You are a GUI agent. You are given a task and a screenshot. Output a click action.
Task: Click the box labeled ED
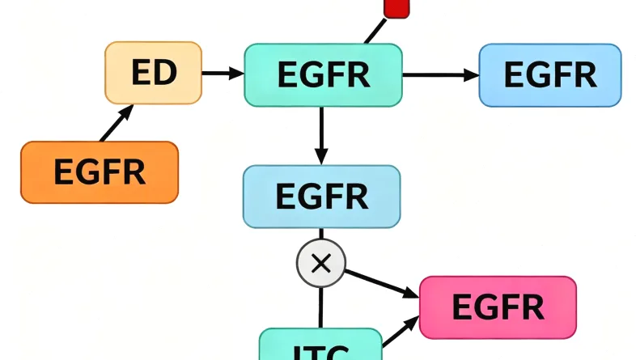tap(154, 73)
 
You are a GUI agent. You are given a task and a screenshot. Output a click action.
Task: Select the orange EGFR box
tap(99, 172)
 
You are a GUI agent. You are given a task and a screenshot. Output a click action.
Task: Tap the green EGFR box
tap(323, 74)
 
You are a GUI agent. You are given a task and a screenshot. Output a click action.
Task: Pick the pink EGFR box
tap(498, 307)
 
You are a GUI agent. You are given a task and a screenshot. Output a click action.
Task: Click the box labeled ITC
tap(320, 347)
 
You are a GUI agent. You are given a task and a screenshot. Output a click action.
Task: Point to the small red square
tap(396, 7)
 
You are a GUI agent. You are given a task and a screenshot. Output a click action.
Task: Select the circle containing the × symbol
tap(321, 262)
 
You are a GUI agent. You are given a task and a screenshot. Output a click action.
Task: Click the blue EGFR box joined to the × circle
tap(321, 196)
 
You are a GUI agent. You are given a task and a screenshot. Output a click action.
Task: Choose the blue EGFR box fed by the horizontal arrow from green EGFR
tap(550, 74)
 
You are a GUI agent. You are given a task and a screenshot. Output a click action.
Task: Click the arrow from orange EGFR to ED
tap(115, 124)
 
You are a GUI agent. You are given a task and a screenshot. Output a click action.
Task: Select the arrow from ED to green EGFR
tap(223, 74)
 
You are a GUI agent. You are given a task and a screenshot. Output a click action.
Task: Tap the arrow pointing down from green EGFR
tap(322, 135)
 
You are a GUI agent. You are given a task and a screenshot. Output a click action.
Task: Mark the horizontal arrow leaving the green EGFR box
tap(440, 75)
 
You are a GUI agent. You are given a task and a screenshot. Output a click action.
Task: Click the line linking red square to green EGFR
tap(374, 32)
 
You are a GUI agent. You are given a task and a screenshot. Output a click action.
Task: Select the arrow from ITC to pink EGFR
tap(401, 334)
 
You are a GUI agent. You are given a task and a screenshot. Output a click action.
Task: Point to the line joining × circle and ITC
tap(321, 307)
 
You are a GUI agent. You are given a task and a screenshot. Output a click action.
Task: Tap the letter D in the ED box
tap(166, 73)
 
